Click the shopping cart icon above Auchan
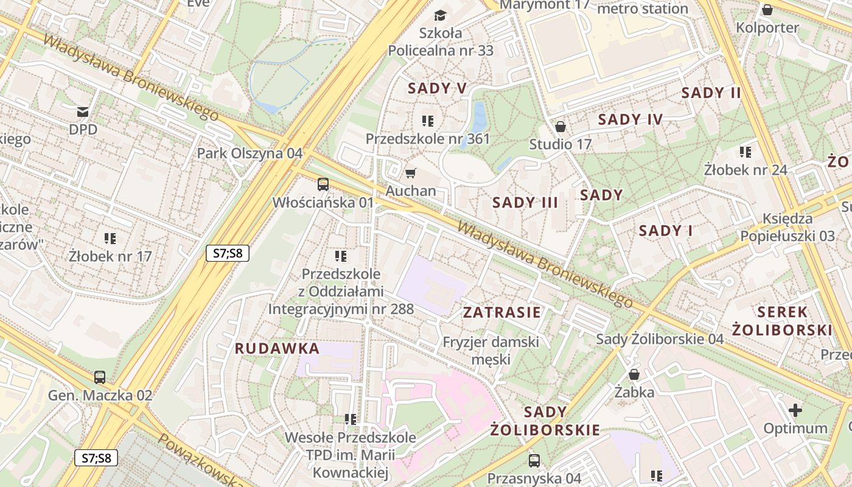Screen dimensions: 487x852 click(411, 173)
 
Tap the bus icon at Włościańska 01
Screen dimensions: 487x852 click(323, 184)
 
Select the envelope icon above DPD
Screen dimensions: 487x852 click(83, 112)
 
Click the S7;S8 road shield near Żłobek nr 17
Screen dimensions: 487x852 click(228, 253)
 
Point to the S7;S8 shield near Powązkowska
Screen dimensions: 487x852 click(96, 458)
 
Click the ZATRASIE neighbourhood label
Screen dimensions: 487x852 click(501, 313)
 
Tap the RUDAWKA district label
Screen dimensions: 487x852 click(277, 349)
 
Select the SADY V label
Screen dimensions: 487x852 click(437, 88)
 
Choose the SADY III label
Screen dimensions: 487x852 click(525, 203)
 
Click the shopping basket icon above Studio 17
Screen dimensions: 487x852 click(560, 127)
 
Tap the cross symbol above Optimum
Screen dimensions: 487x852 click(795, 410)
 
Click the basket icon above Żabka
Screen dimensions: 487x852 click(634, 374)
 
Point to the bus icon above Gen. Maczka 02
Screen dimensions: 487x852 click(100, 377)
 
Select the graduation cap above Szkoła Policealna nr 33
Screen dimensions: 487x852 click(440, 15)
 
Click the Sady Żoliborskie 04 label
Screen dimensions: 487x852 click(660, 339)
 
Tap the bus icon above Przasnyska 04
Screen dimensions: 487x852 click(534, 460)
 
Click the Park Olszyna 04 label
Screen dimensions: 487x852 click(250, 153)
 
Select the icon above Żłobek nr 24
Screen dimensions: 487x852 click(745, 152)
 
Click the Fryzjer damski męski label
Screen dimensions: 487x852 click(491, 350)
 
